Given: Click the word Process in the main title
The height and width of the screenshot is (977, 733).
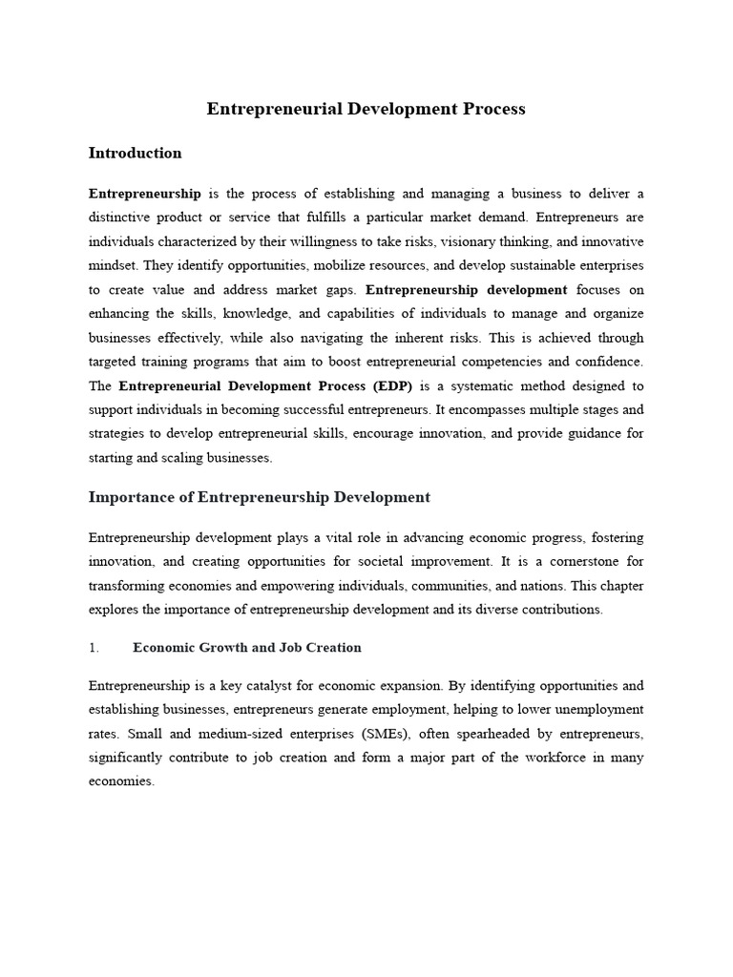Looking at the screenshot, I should pyautogui.click(x=492, y=109).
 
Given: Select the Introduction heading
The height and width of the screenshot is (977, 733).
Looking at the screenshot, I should pyautogui.click(x=135, y=153).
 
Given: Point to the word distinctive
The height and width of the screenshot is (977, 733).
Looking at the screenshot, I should pyautogui.click(x=124, y=218).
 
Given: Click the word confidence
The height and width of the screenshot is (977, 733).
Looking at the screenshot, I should pyautogui.click(x=607, y=362).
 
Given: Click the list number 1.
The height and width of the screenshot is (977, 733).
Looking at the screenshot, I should pyautogui.click(x=94, y=648).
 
